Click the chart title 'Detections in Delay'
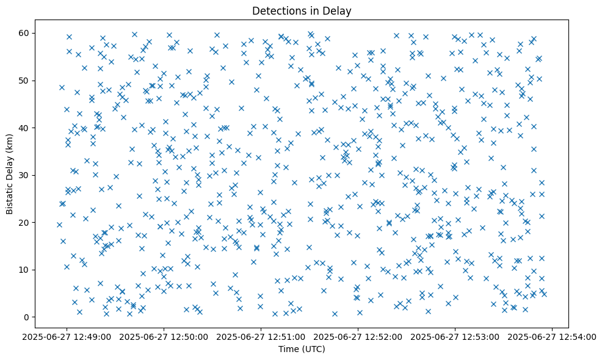(302, 11)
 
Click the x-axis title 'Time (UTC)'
(302, 349)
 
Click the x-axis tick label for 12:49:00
(67, 336)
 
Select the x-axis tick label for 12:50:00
(164, 336)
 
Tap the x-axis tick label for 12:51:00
(261, 336)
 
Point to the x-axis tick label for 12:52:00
(358, 336)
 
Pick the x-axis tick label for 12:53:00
(455, 336)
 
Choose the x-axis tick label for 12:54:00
(553, 336)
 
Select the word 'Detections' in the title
(275, 11)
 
